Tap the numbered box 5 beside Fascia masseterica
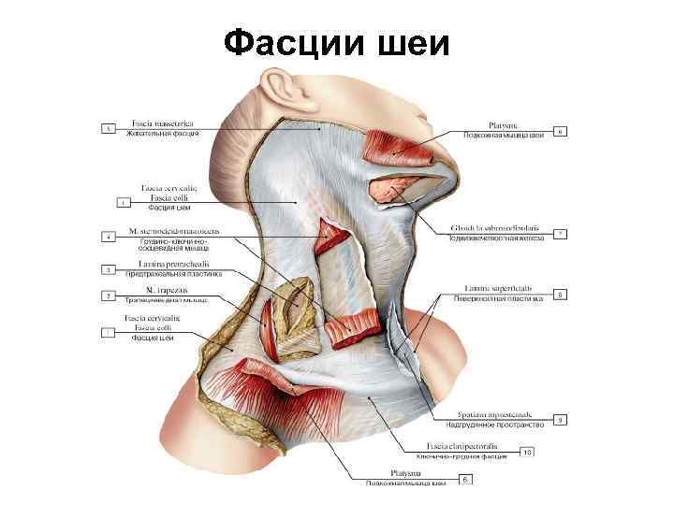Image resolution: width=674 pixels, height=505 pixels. [x=109, y=128]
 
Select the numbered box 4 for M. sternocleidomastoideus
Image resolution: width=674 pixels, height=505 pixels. [x=109, y=238]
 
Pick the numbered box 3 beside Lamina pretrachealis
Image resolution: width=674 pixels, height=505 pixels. [x=109, y=269]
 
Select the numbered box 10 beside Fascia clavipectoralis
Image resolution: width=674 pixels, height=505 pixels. [x=527, y=452]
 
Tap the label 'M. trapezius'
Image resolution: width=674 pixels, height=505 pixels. [x=156, y=290]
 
